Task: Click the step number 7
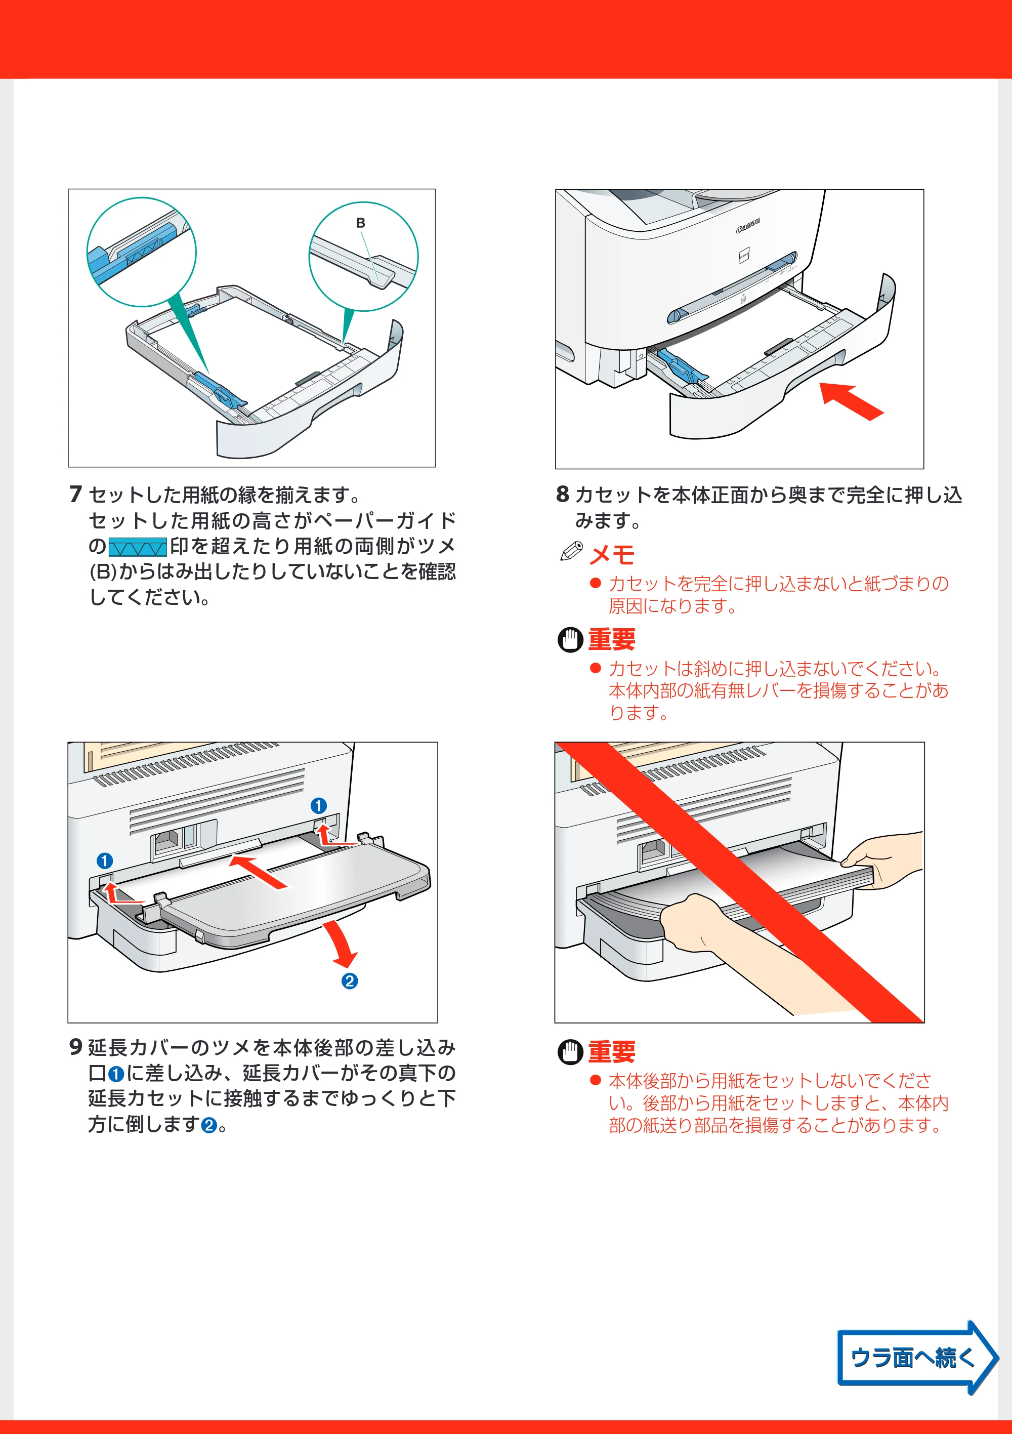(x=75, y=494)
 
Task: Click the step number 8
(x=563, y=494)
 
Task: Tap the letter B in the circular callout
(x=360, y=223)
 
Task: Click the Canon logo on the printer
(x=748, y=225)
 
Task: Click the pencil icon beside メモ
(x=571, y=551)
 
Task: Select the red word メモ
(x=612, y=554)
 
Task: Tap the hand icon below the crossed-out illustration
(x=569, y=1052)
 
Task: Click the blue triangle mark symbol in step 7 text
(x=137, y=547)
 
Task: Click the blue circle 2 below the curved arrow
(x=350, y=980)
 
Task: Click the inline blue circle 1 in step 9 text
(x=116, y=1074)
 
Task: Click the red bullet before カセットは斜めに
(x=595, y=668)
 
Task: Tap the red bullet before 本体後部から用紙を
(x=595, y=1080)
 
